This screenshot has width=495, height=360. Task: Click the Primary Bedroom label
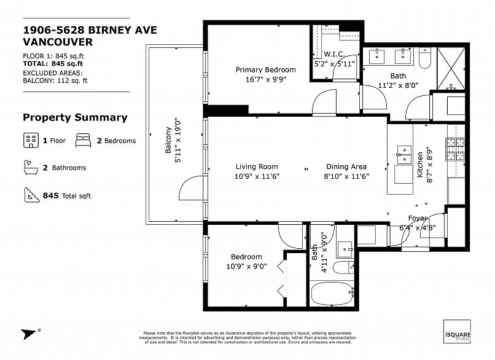[265, 70]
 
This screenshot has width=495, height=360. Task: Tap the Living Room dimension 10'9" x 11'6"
[257, 176]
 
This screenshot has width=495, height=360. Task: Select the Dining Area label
[346, 166]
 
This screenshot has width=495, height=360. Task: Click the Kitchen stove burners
[455, 149]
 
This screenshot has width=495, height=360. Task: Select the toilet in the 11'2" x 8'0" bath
[425, 59]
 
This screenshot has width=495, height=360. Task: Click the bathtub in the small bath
[332, 293]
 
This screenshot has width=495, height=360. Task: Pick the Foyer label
[418, 219]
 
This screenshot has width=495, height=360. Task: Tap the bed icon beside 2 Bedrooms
[84, 140]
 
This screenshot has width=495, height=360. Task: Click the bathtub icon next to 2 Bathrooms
[31, 167]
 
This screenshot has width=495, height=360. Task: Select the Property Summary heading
[75, 117]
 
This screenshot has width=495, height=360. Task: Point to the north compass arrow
[29, 334]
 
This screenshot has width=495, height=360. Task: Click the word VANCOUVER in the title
[58, 42]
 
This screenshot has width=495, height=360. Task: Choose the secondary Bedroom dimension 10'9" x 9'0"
[246, 267]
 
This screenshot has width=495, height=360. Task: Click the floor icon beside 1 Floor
[31, 140]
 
